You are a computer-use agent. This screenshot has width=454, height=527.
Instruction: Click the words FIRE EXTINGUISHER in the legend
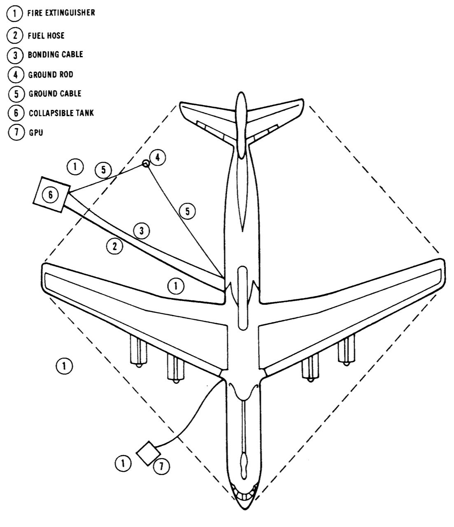pyautogui.click(x=61, y=13)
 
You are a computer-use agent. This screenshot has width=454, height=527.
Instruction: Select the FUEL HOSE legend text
pyautogui.click(x=46, y=35)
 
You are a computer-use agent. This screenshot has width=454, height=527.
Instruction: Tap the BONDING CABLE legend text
pyautogui.click(x=55, y=54)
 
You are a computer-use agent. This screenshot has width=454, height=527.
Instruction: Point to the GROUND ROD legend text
pyautogui.click(x=51, y=75)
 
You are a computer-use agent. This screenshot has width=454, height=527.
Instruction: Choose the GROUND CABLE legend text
pyautogui.click(x=55, y=93)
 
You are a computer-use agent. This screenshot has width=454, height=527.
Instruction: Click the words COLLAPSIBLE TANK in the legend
pyautogui.click(x=61, y=112)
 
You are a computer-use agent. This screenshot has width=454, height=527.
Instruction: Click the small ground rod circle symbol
pyautogui.click(x=145, y=163)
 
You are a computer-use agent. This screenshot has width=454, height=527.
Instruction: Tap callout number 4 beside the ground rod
pyautogui.click(x=158, y=156)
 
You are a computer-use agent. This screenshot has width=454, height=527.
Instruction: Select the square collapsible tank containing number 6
pyautogui.click(x=50, y=194)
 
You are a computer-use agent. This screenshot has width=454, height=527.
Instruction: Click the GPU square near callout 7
pyautogui.click(x=148, y=453)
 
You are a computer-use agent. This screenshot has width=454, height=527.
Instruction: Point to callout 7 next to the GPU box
pyautogui.click(x=161, y=466)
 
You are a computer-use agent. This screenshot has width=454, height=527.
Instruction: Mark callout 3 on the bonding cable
pyautogui.click(x=142, y=231)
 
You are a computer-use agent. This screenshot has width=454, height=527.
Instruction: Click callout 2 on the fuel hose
pyautogui.click(x=115, y=246)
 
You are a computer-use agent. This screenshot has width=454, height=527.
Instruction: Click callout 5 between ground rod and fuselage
pyautogui.click(x=187, y=211)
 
